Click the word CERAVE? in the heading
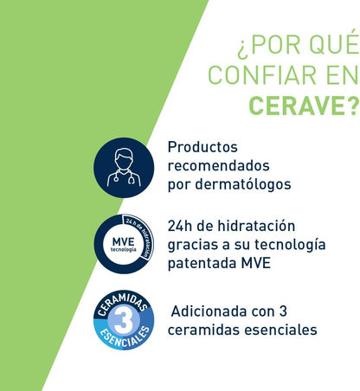coord(303,106)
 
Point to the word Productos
coord(202,147)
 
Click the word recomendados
coord(218,165)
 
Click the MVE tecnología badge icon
coord(125,244)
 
